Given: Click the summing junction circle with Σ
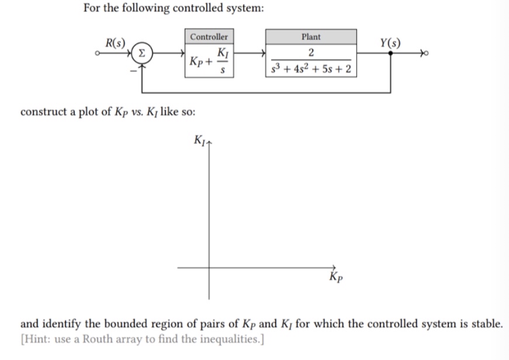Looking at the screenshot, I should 142,54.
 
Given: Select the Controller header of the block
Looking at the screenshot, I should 209,37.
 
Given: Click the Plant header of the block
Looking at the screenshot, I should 311,37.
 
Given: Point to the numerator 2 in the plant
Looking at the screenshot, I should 311,54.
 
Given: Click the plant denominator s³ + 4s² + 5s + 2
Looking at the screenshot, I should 311,70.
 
